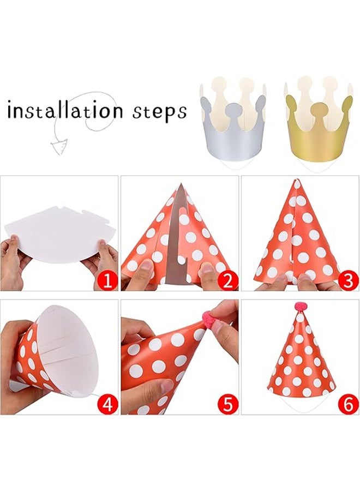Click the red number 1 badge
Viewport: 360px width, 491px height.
108,281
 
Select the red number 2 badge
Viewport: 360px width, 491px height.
228,281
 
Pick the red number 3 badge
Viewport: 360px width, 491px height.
349,281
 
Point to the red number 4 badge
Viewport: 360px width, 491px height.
108,404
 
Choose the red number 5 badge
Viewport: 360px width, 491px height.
228,404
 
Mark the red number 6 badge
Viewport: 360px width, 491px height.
349,404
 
